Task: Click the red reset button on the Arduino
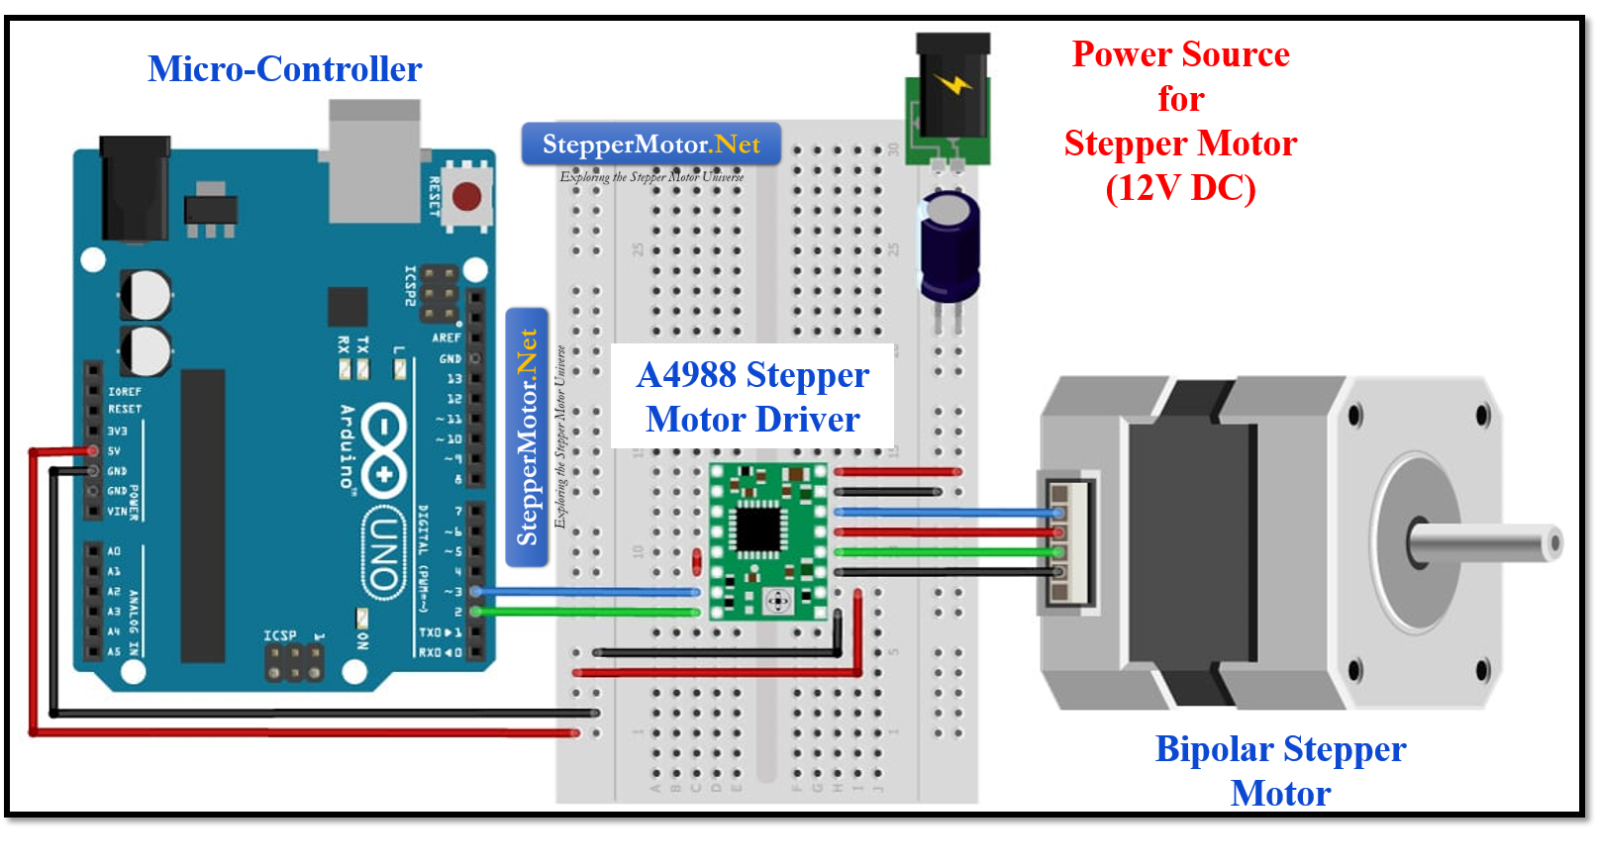coord(466,197)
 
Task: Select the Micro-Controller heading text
coord(285,69)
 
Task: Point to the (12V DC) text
coord(1180,188)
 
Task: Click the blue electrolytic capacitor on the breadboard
coord(949,246)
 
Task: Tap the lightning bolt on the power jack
coord(953,84)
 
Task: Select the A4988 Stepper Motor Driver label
coord(752,397)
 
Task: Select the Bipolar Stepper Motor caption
coord(1280,770)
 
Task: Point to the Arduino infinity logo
coord(383,450)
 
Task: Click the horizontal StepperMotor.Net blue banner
coord(650,145)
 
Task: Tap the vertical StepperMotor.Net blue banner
coord(527,436)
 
